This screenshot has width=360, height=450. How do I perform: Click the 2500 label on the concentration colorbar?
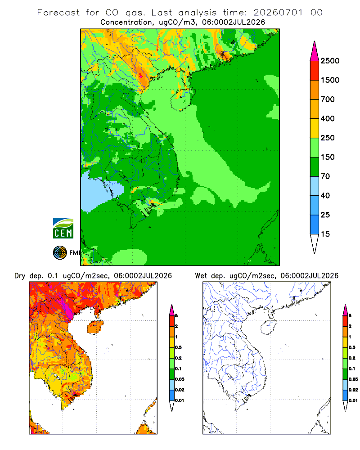[330, 61]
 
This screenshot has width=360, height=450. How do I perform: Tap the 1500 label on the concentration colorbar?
[330, 80]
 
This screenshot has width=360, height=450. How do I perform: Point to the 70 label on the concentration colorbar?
[325, 176]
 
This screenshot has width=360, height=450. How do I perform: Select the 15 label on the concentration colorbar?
[325, 234]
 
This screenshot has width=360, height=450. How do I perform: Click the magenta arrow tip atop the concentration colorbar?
[315, 51]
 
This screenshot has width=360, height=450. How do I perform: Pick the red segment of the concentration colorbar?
[315, 71]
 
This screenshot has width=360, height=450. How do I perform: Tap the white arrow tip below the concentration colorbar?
[315, 244]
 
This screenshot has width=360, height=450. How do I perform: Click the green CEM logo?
[63, 229]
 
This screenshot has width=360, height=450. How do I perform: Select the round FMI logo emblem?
[60, 252]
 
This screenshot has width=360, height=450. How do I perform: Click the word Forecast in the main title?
[58, 13]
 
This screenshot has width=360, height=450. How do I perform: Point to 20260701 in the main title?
[278, 13]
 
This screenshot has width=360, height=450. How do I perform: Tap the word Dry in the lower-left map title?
[20, 276]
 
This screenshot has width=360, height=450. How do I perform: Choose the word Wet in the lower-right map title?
[201, 276]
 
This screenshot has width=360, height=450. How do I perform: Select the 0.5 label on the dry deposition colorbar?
[178, 347]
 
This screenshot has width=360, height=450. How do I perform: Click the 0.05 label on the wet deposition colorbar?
[353, 379]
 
